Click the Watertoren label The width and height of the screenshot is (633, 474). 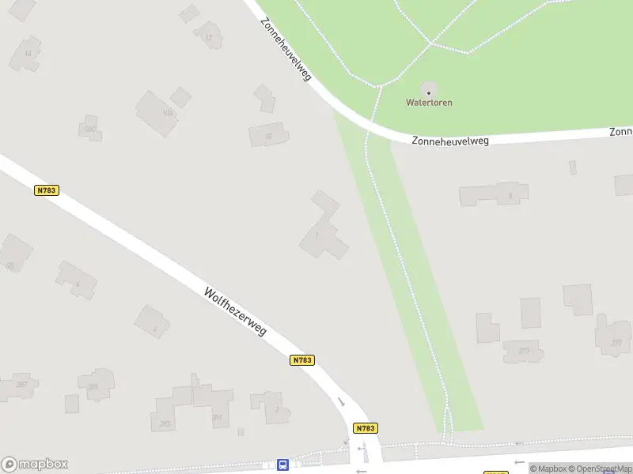(x=429, y=103)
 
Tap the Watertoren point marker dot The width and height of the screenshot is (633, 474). (x=429, y=92)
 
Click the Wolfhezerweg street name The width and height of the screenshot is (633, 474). (x=235, y=310)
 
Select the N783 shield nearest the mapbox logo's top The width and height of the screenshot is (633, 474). (x=47, y=190)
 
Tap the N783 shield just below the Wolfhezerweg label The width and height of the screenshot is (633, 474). (x=302, y=360)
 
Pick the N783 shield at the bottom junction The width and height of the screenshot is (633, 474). (x=365, y=428)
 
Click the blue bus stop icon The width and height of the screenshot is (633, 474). (x=282, y=465)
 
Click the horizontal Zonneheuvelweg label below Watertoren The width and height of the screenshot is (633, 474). (x=450, y=141)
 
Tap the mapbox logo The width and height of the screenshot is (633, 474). (x=35, y=465)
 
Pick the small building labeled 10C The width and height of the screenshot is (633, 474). (x=89, y=129)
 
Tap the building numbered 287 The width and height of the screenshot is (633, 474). (x=21, y=385)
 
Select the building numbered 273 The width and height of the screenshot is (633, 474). (x=523, y=350)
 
